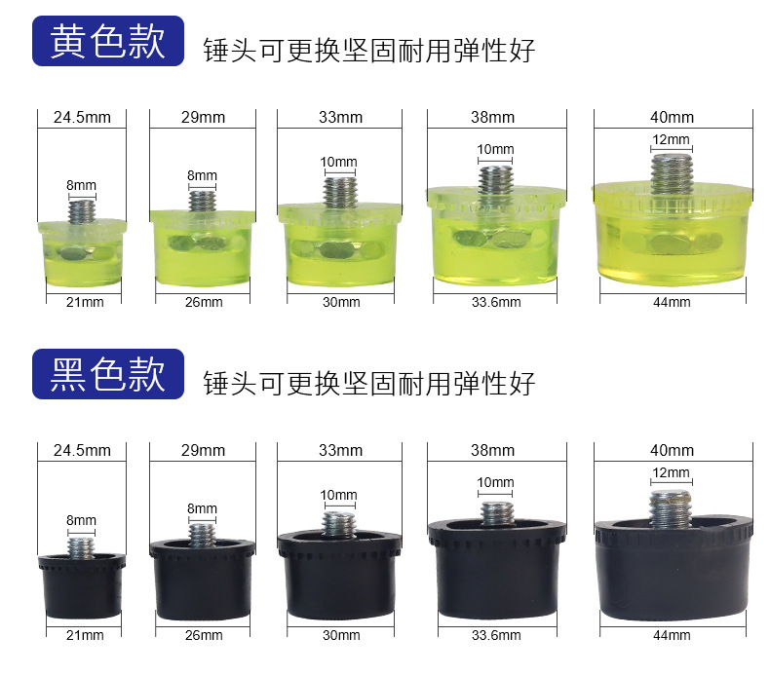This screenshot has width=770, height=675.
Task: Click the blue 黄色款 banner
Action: [108, 41]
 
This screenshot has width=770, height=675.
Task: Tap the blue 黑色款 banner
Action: [108, 374]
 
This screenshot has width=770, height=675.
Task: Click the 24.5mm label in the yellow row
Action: [82, 118]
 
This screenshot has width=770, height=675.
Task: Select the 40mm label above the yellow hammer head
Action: [672, 118]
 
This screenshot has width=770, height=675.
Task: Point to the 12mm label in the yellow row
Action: [671, 140]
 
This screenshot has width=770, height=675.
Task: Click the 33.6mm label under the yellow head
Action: [495, 302]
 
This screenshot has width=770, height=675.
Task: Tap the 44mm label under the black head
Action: [672, 635]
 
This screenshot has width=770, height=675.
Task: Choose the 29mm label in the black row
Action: [203, 451]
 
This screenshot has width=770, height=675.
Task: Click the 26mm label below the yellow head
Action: [203, 302]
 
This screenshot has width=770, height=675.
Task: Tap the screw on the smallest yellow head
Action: [82, 210]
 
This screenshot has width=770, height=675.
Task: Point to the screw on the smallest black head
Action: [82, 542]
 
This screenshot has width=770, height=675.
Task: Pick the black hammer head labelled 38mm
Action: [495, 565]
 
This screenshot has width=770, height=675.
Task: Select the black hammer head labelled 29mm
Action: [203, 575]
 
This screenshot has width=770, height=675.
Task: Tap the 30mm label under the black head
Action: [340, 635]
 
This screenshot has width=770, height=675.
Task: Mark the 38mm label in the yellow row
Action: [495, 118]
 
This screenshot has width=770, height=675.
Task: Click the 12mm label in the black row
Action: [671, 473]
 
